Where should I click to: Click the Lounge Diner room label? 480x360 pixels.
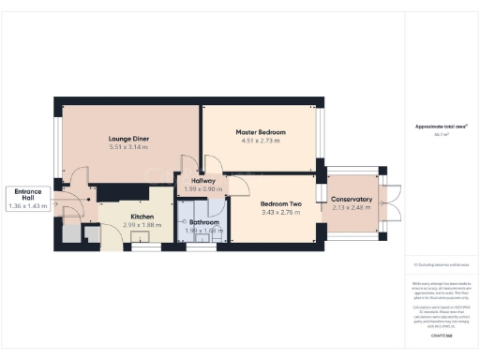pyautogui.click(x=128, y=139)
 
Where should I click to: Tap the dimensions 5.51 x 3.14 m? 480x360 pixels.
pyautogui.click(x=128, y=147)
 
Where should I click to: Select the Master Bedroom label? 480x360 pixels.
pyautogui.click(x=260, y=132)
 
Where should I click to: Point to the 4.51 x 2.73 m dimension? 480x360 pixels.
pyautogui.click(x=260, y=142)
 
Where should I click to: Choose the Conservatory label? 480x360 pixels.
pyautogui.click(x=352, y=199)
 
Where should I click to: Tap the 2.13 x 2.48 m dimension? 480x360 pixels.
pyautogui.click(x=352, y=207)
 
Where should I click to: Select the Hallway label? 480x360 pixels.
pyautogui.click(x=203, y=180)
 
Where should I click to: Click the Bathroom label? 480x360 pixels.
pyautogui.click(x=203, y=222)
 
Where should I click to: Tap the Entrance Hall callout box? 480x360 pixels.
pyautogui.click(x=26, y=199)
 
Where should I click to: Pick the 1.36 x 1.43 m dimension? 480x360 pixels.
pyautogui.click(x=26, y=206)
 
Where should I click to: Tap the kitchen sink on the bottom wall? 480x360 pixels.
pyautogui.click(x=145, y=248)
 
